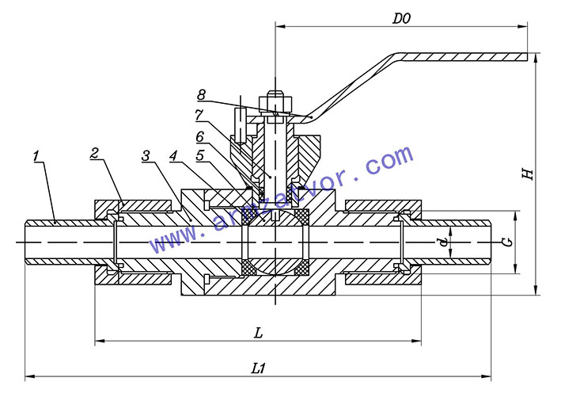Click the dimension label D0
point(401,18)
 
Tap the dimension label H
point(528,174)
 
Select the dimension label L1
point(258,368)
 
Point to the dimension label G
point(507,242)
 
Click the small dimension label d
point(444,242)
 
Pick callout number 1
point(36,156)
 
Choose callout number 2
point(93,154)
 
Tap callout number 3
point(146,156)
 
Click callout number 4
point(173,156)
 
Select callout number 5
point(200,155)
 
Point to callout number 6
point(199,136)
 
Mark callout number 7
point(199,116)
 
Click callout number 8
point(202,94)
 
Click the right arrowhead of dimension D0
point(523,26)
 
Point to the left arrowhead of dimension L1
point(30,376)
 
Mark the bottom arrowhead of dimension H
point(536,290)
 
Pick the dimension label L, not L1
point(258,334)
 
